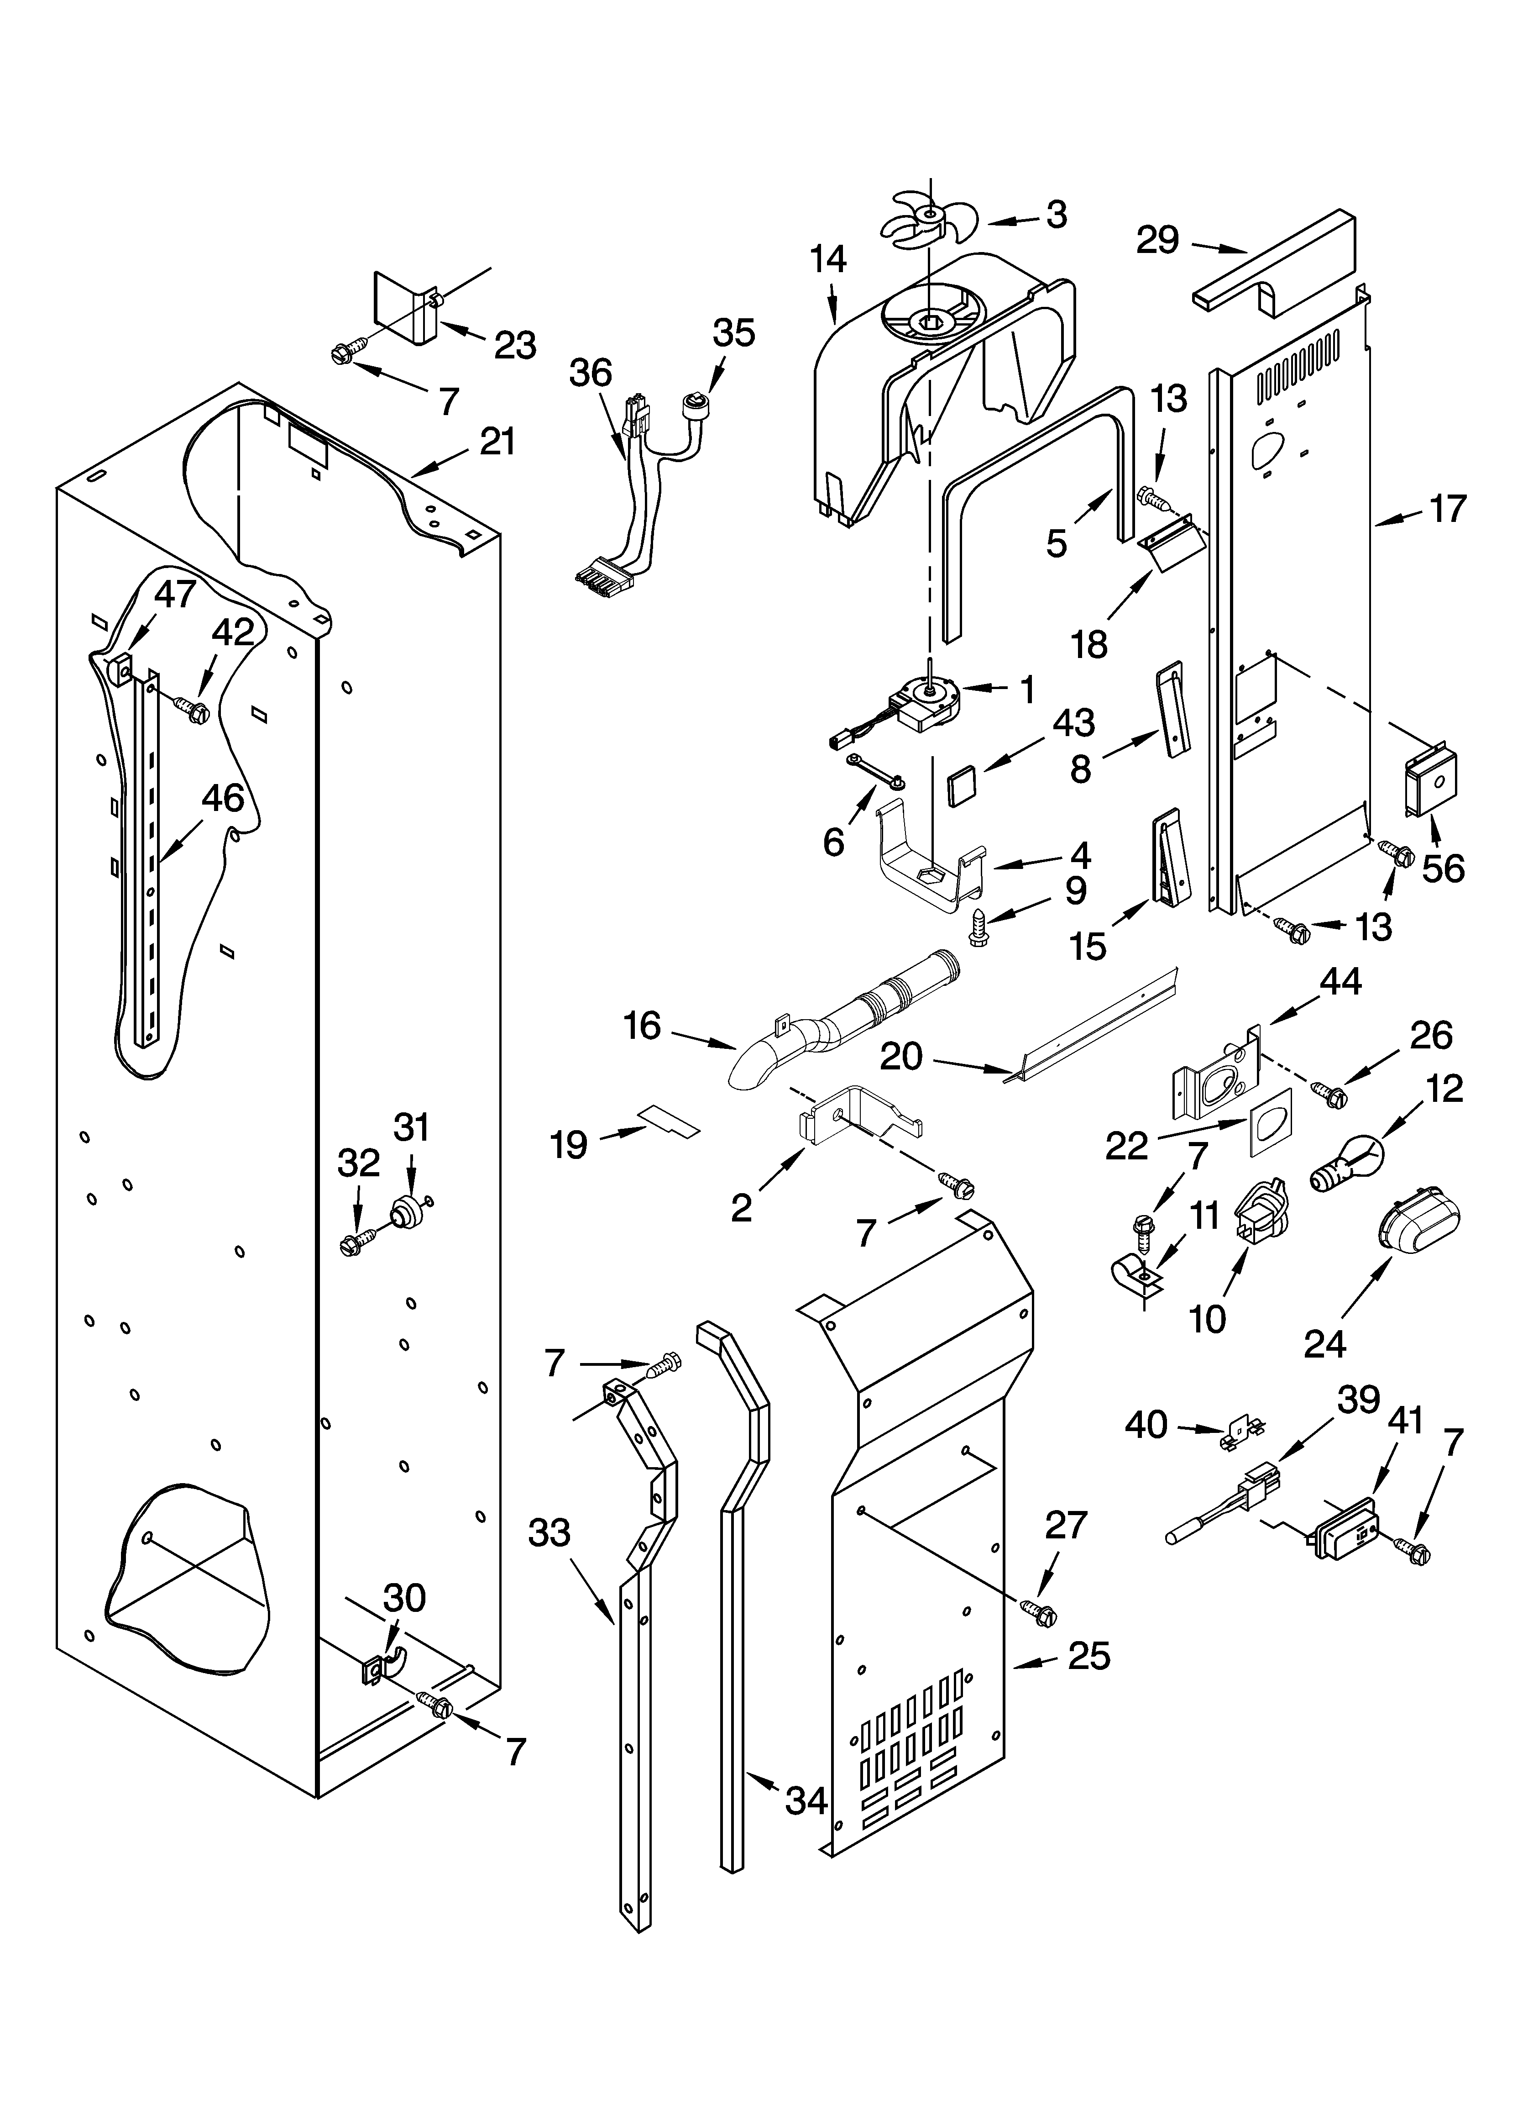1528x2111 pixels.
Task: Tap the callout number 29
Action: point(1157,241)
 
